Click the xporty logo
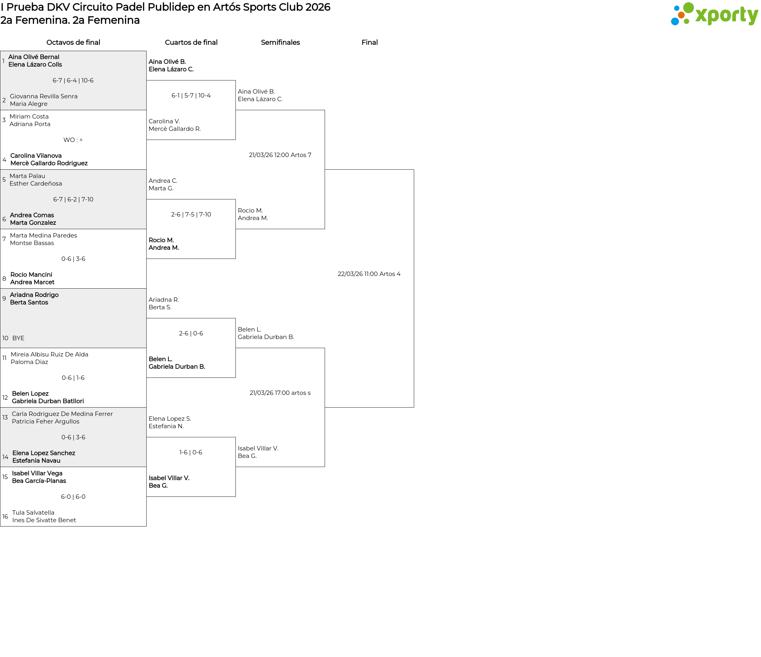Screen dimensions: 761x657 pos(714,14)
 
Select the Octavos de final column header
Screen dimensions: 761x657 pos(73,42)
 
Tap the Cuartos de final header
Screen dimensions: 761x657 pos(191,42)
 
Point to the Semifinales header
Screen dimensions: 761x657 pos(280,42)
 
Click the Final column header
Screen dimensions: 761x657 pos(369,42)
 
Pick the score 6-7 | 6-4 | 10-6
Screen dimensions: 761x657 pos(73,80)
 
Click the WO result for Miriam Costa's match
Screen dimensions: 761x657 pos(73,140)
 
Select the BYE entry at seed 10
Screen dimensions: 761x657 pos(18,338)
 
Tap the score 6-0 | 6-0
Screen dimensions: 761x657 pos(73,497)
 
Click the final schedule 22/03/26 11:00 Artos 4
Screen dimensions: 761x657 pos(369,274)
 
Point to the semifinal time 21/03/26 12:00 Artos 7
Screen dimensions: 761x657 pos(280,155)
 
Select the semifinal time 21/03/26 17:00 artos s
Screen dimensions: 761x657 pos(280,393)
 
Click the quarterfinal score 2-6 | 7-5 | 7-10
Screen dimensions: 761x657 pos(191,215)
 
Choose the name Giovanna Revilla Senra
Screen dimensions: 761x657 pos(44,96)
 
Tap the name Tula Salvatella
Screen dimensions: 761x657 pos(33,513)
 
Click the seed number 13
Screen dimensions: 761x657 pos(5,418)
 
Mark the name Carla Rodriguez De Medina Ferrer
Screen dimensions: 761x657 pos(62,414)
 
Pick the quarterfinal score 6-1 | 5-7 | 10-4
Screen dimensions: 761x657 pos(191,96)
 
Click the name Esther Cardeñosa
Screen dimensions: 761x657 pos(36,184)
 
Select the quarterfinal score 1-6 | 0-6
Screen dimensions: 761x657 pos(191,452)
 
